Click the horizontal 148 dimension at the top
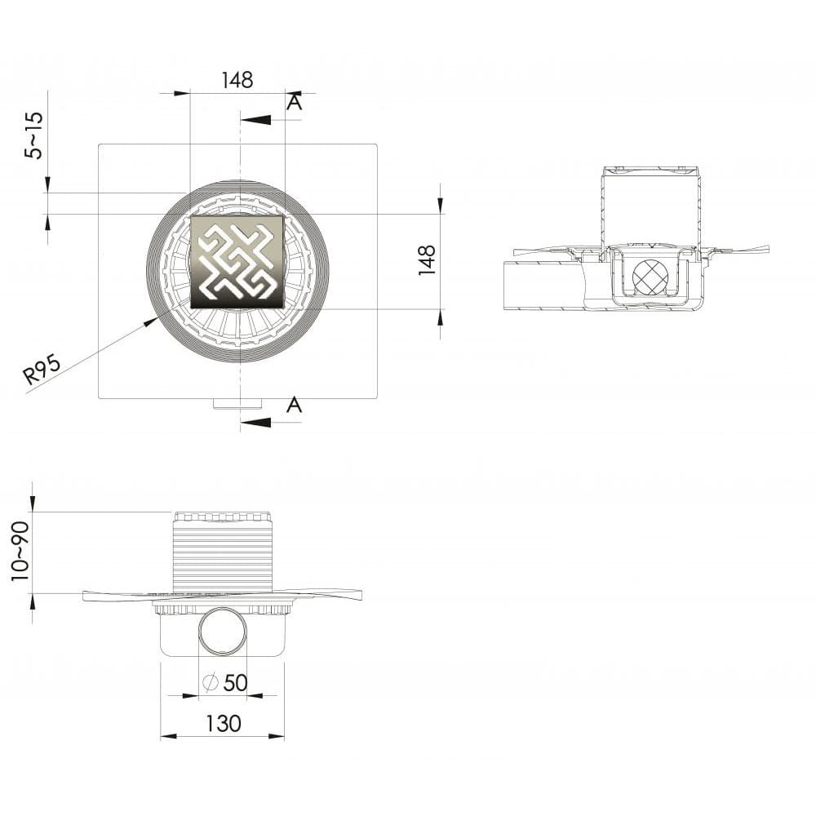(x=237, y=80)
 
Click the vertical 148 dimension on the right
(x=428, y=259)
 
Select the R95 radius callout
(x=42, y=369)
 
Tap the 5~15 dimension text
(x=35, y=135)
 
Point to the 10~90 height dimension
(x=21, y=552)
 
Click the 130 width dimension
(x=224, y=723)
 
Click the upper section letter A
(x=295, y=103)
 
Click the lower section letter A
(x=295, y=404)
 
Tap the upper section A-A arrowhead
(x=256, y=120)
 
